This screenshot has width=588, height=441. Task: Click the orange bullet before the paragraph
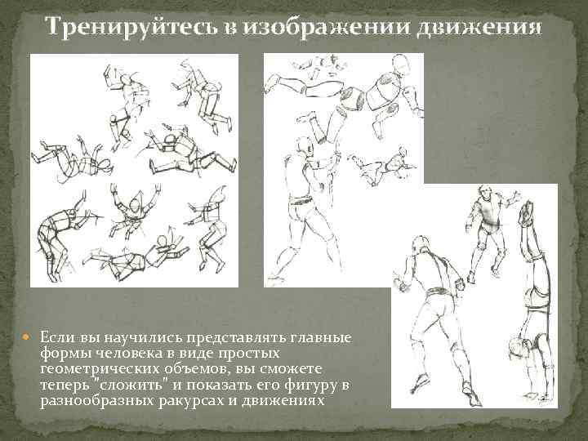(25, 336)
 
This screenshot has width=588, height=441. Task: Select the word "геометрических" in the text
(100, 369)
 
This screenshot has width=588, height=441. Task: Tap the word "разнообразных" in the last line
(97, 401)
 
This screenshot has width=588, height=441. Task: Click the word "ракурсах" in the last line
(192, 401)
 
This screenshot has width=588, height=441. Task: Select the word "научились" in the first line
(143, 337)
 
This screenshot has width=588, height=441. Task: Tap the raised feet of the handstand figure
(527, 212)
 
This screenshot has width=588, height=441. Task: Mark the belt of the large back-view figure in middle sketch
(301, 200)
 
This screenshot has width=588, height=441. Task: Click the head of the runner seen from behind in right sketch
(421, 244)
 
